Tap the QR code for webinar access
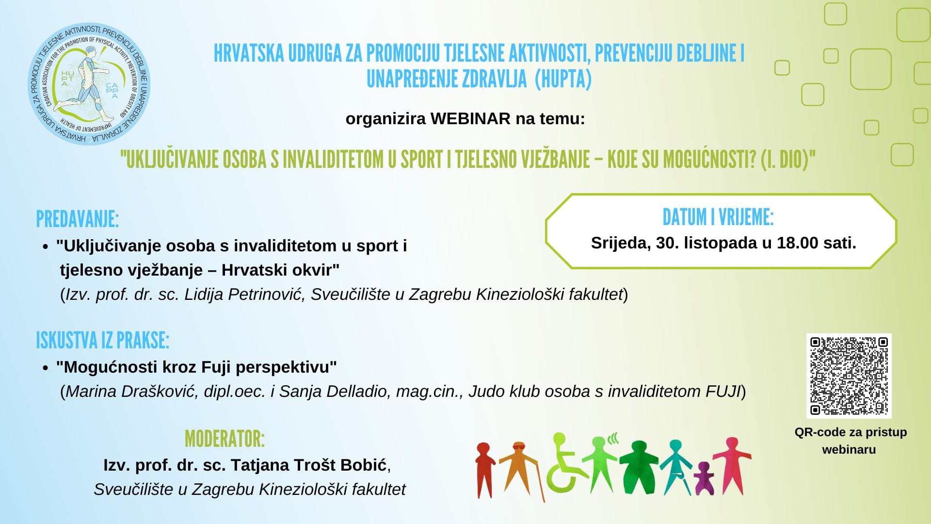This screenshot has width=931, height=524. tap(849, 376)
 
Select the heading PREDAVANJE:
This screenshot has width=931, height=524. tap(78, 219)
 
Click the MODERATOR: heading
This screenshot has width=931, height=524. tap(225, 439)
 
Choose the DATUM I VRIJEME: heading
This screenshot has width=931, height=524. tap(718, 217)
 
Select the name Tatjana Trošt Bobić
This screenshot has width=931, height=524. tap(308, 465)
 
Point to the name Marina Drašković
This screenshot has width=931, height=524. tap(130, 392)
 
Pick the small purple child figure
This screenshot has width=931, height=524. tap(704, 478)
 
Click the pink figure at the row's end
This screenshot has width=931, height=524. tap(732, 466)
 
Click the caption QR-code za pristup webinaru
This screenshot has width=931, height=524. tap(850, 441)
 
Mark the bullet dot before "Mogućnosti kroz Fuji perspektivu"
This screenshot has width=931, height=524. tap(46, 368)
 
